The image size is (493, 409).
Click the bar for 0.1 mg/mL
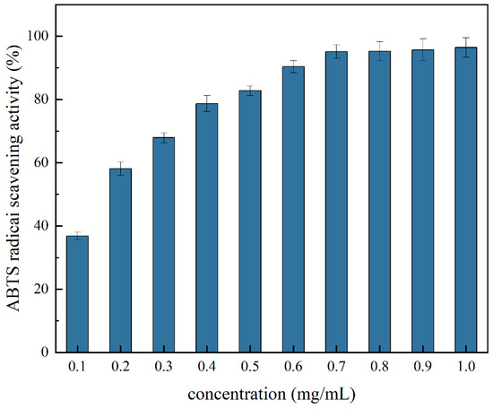(77, 294)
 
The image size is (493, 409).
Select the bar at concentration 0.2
(120, 260)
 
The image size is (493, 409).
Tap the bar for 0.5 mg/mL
(250, 222)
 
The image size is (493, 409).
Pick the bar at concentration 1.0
(465, 200)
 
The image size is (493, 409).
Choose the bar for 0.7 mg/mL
(336, 202)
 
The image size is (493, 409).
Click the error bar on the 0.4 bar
(207, 103)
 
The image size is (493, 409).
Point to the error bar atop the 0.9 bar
(422, 49)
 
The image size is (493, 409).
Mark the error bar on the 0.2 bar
(120, 169)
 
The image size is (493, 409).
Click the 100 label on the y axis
(38, 36)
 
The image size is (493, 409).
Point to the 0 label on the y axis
(45, 352)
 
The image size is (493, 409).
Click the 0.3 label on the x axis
(163, 366)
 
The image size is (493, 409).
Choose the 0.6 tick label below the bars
(293, 366)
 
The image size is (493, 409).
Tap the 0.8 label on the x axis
(379, 366)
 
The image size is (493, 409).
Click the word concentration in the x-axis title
(237, 394)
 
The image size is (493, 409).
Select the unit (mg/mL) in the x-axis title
(323, 395)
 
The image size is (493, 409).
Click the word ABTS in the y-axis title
(13, 291)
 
